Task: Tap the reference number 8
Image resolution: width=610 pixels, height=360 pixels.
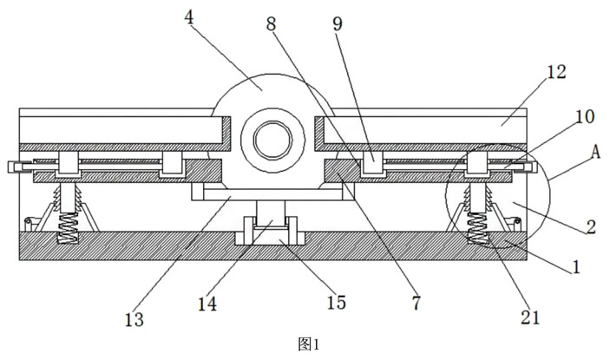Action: click(x=272, y=23)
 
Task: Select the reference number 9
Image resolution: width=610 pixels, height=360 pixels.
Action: click(x=337, y=23)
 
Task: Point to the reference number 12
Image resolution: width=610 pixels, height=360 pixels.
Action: click(x=556, y=73)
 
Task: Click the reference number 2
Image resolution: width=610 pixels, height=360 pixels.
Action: click(x=590, y=228)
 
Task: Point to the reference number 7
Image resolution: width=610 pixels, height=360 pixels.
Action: click(x=415, y=303)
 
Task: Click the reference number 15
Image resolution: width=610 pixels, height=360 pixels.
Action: click(x=336, y=302)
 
